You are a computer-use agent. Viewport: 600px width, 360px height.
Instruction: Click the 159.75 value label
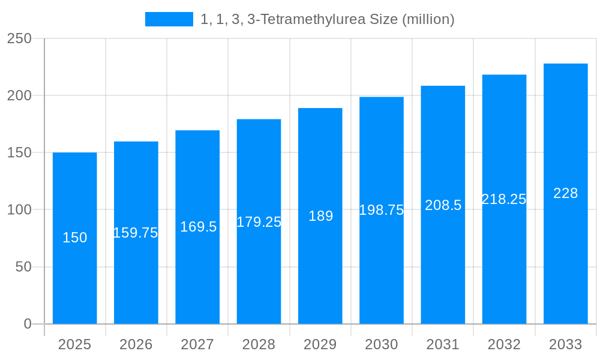pos(136,233)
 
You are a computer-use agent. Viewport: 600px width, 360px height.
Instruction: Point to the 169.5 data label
pos(198,227)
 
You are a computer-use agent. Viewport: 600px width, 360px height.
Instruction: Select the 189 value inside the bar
pos(320,216)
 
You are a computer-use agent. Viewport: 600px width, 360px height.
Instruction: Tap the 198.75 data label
pos(382,210)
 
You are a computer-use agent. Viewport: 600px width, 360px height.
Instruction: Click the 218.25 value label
pos(504,199)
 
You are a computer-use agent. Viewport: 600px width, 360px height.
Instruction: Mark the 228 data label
pos(565,193)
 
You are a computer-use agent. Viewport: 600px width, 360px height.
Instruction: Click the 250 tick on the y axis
pos(19,38)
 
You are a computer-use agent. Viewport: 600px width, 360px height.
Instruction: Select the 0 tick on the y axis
pos(28,324)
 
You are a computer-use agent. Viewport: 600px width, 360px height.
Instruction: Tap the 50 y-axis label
pos(23,267)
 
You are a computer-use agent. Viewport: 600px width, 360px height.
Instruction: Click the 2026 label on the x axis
pos(136,344)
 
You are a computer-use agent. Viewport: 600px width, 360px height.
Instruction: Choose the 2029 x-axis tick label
pos(320,344)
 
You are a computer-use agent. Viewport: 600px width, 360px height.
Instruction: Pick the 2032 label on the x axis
pos(504,344)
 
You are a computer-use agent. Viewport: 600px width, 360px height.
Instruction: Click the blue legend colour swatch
pos(169,19)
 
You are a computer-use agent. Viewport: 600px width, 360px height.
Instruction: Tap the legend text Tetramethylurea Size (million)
pos(328,19)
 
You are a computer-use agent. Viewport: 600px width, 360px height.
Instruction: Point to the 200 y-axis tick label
pos(19,95)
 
